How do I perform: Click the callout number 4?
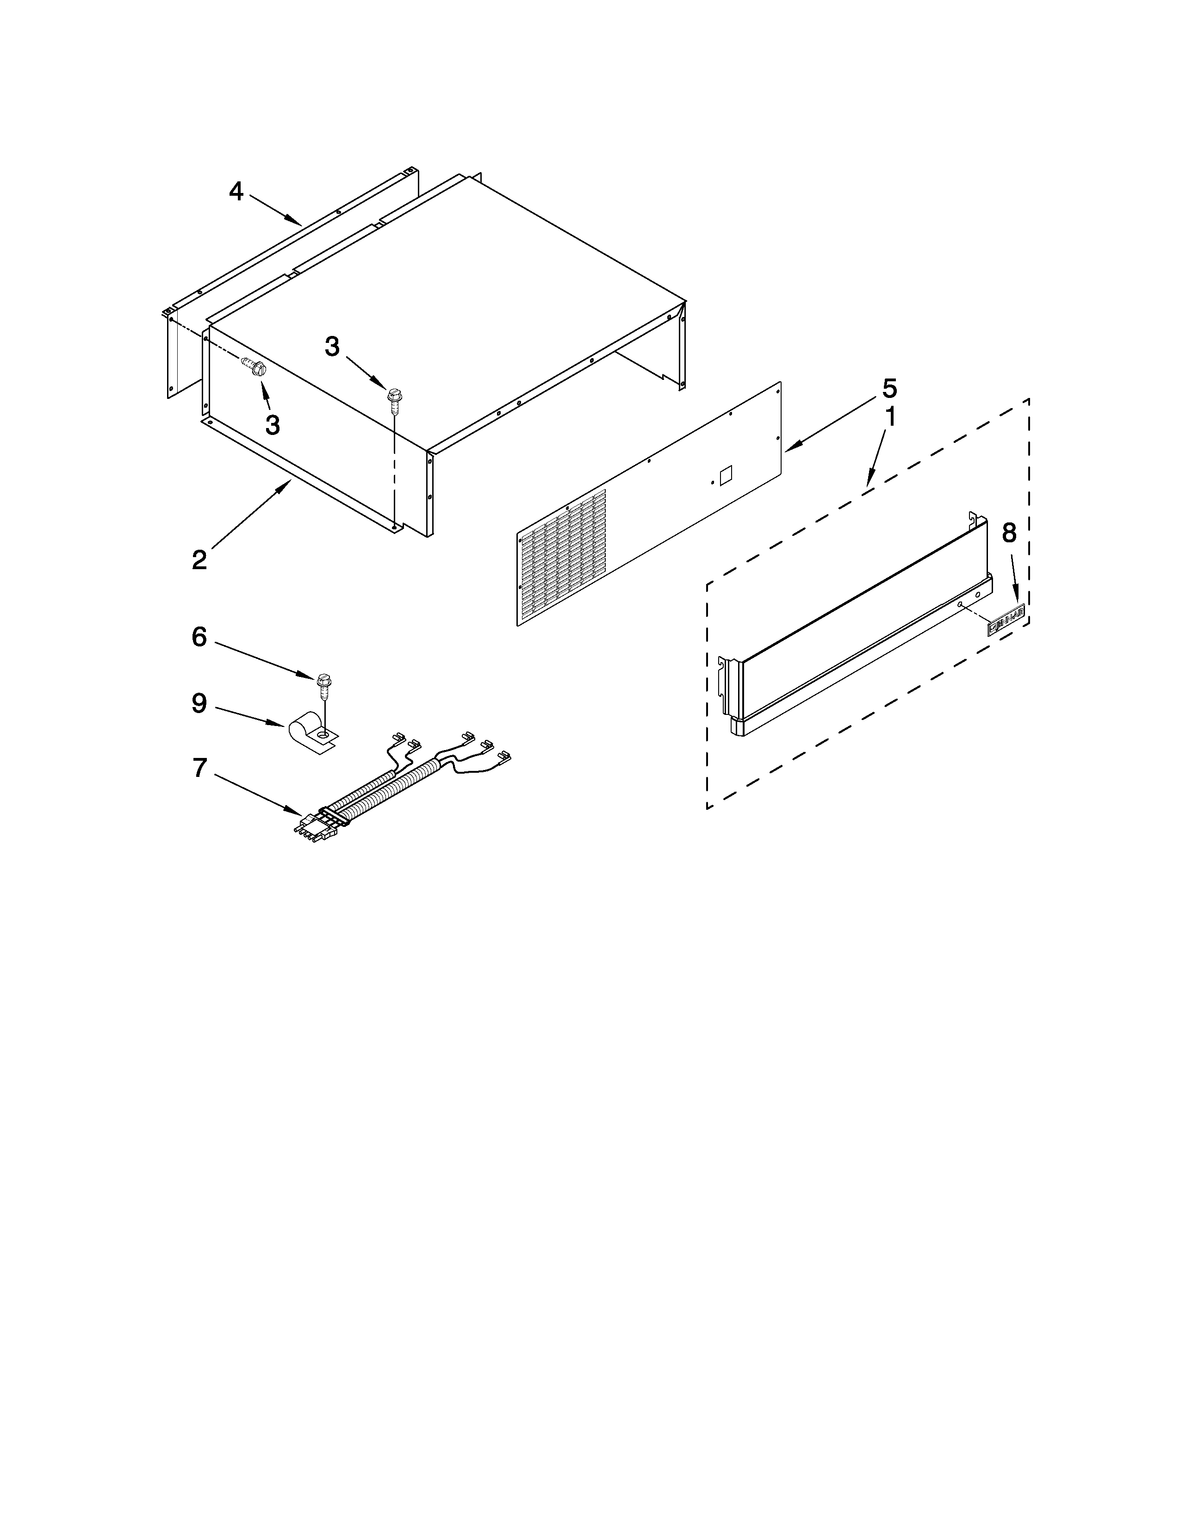(x=236, y=191)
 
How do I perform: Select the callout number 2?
(x=200, y=559)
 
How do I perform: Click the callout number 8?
(x=1009, y=534)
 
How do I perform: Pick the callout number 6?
(x=199, y=637)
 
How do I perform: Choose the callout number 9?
(x=199, y=703)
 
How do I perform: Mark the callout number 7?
(x=200, y=769)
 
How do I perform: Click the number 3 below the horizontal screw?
(x=273, y=424)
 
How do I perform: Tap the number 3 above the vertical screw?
(x=332, y=346)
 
